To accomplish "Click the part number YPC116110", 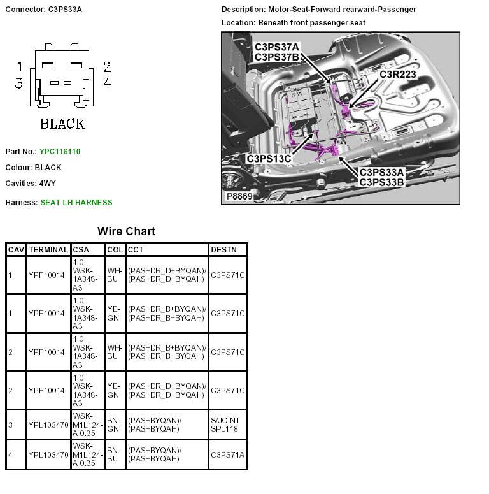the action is tap(60, 152).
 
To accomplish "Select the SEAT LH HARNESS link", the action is tap(76, 203).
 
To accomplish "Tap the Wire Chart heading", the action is tap(126, 231).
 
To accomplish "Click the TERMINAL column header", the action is tap(48, 249).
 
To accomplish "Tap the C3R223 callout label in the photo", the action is tap(398, 75).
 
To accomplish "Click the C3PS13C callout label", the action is tap(269, 159).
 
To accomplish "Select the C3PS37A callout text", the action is tap(277, 47).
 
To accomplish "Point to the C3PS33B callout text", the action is tap(382, 182).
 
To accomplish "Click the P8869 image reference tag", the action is tap(240, 197).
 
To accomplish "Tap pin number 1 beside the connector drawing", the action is tap(20, 67).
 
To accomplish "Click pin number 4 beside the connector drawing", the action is tap(107, 83).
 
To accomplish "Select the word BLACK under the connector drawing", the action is tap(62, 124).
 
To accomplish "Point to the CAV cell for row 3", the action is tap(10, 424).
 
